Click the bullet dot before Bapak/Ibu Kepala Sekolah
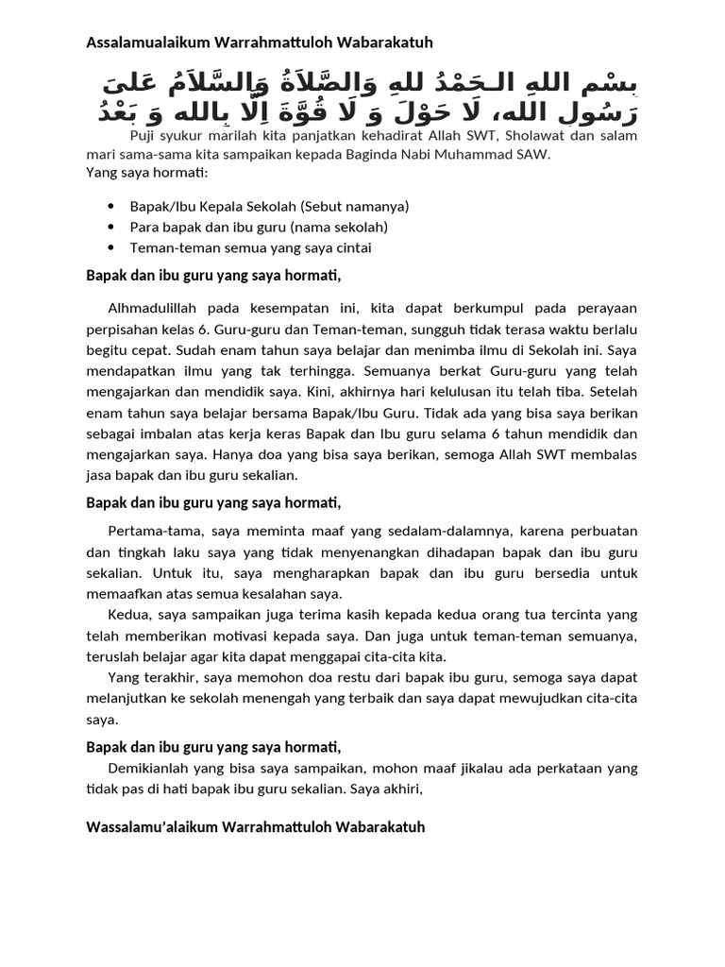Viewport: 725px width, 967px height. point(111,206)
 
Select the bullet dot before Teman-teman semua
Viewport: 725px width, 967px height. point(111,248)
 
